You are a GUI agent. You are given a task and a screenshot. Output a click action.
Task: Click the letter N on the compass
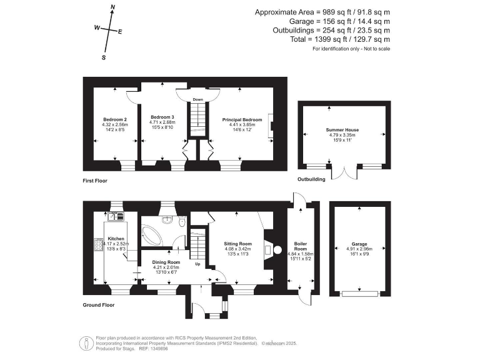point(112,7)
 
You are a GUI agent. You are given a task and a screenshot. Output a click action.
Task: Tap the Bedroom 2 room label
point(114,119)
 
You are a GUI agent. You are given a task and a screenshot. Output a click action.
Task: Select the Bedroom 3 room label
point(162,117)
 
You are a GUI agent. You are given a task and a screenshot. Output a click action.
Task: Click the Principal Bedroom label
point(242,119)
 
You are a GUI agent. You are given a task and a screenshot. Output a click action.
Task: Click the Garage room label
point(359,244)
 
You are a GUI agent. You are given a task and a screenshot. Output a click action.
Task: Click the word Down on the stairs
point(197,100)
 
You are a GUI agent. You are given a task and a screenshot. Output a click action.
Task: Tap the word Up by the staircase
point(199,264)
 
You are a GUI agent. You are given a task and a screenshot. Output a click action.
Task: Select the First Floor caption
point(95,181)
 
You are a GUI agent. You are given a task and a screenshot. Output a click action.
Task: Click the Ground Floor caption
point(97,305)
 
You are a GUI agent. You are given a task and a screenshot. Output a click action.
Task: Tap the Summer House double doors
point(342,172)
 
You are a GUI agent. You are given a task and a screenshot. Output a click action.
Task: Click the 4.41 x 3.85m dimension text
point(242,124)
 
